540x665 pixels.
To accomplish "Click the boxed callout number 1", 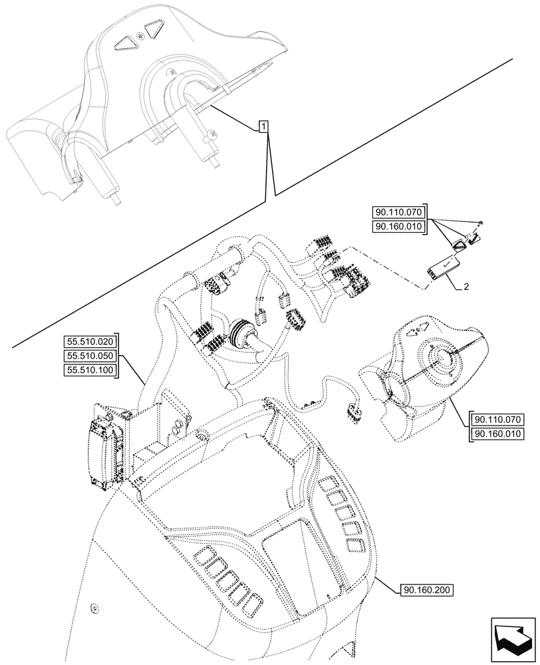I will (264, 126).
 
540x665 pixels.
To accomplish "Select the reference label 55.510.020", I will (90, 341).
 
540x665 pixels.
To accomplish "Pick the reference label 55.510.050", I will (90, 356).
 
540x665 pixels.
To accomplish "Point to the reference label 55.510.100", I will (90, 370).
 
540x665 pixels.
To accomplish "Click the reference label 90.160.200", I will (428, 590).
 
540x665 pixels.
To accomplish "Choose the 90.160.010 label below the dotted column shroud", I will (499, 434).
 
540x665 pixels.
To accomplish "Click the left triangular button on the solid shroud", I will (124, 43).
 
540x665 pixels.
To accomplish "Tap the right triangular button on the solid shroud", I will (156, 29).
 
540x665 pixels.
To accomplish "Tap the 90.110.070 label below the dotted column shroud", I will (499, 420).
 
